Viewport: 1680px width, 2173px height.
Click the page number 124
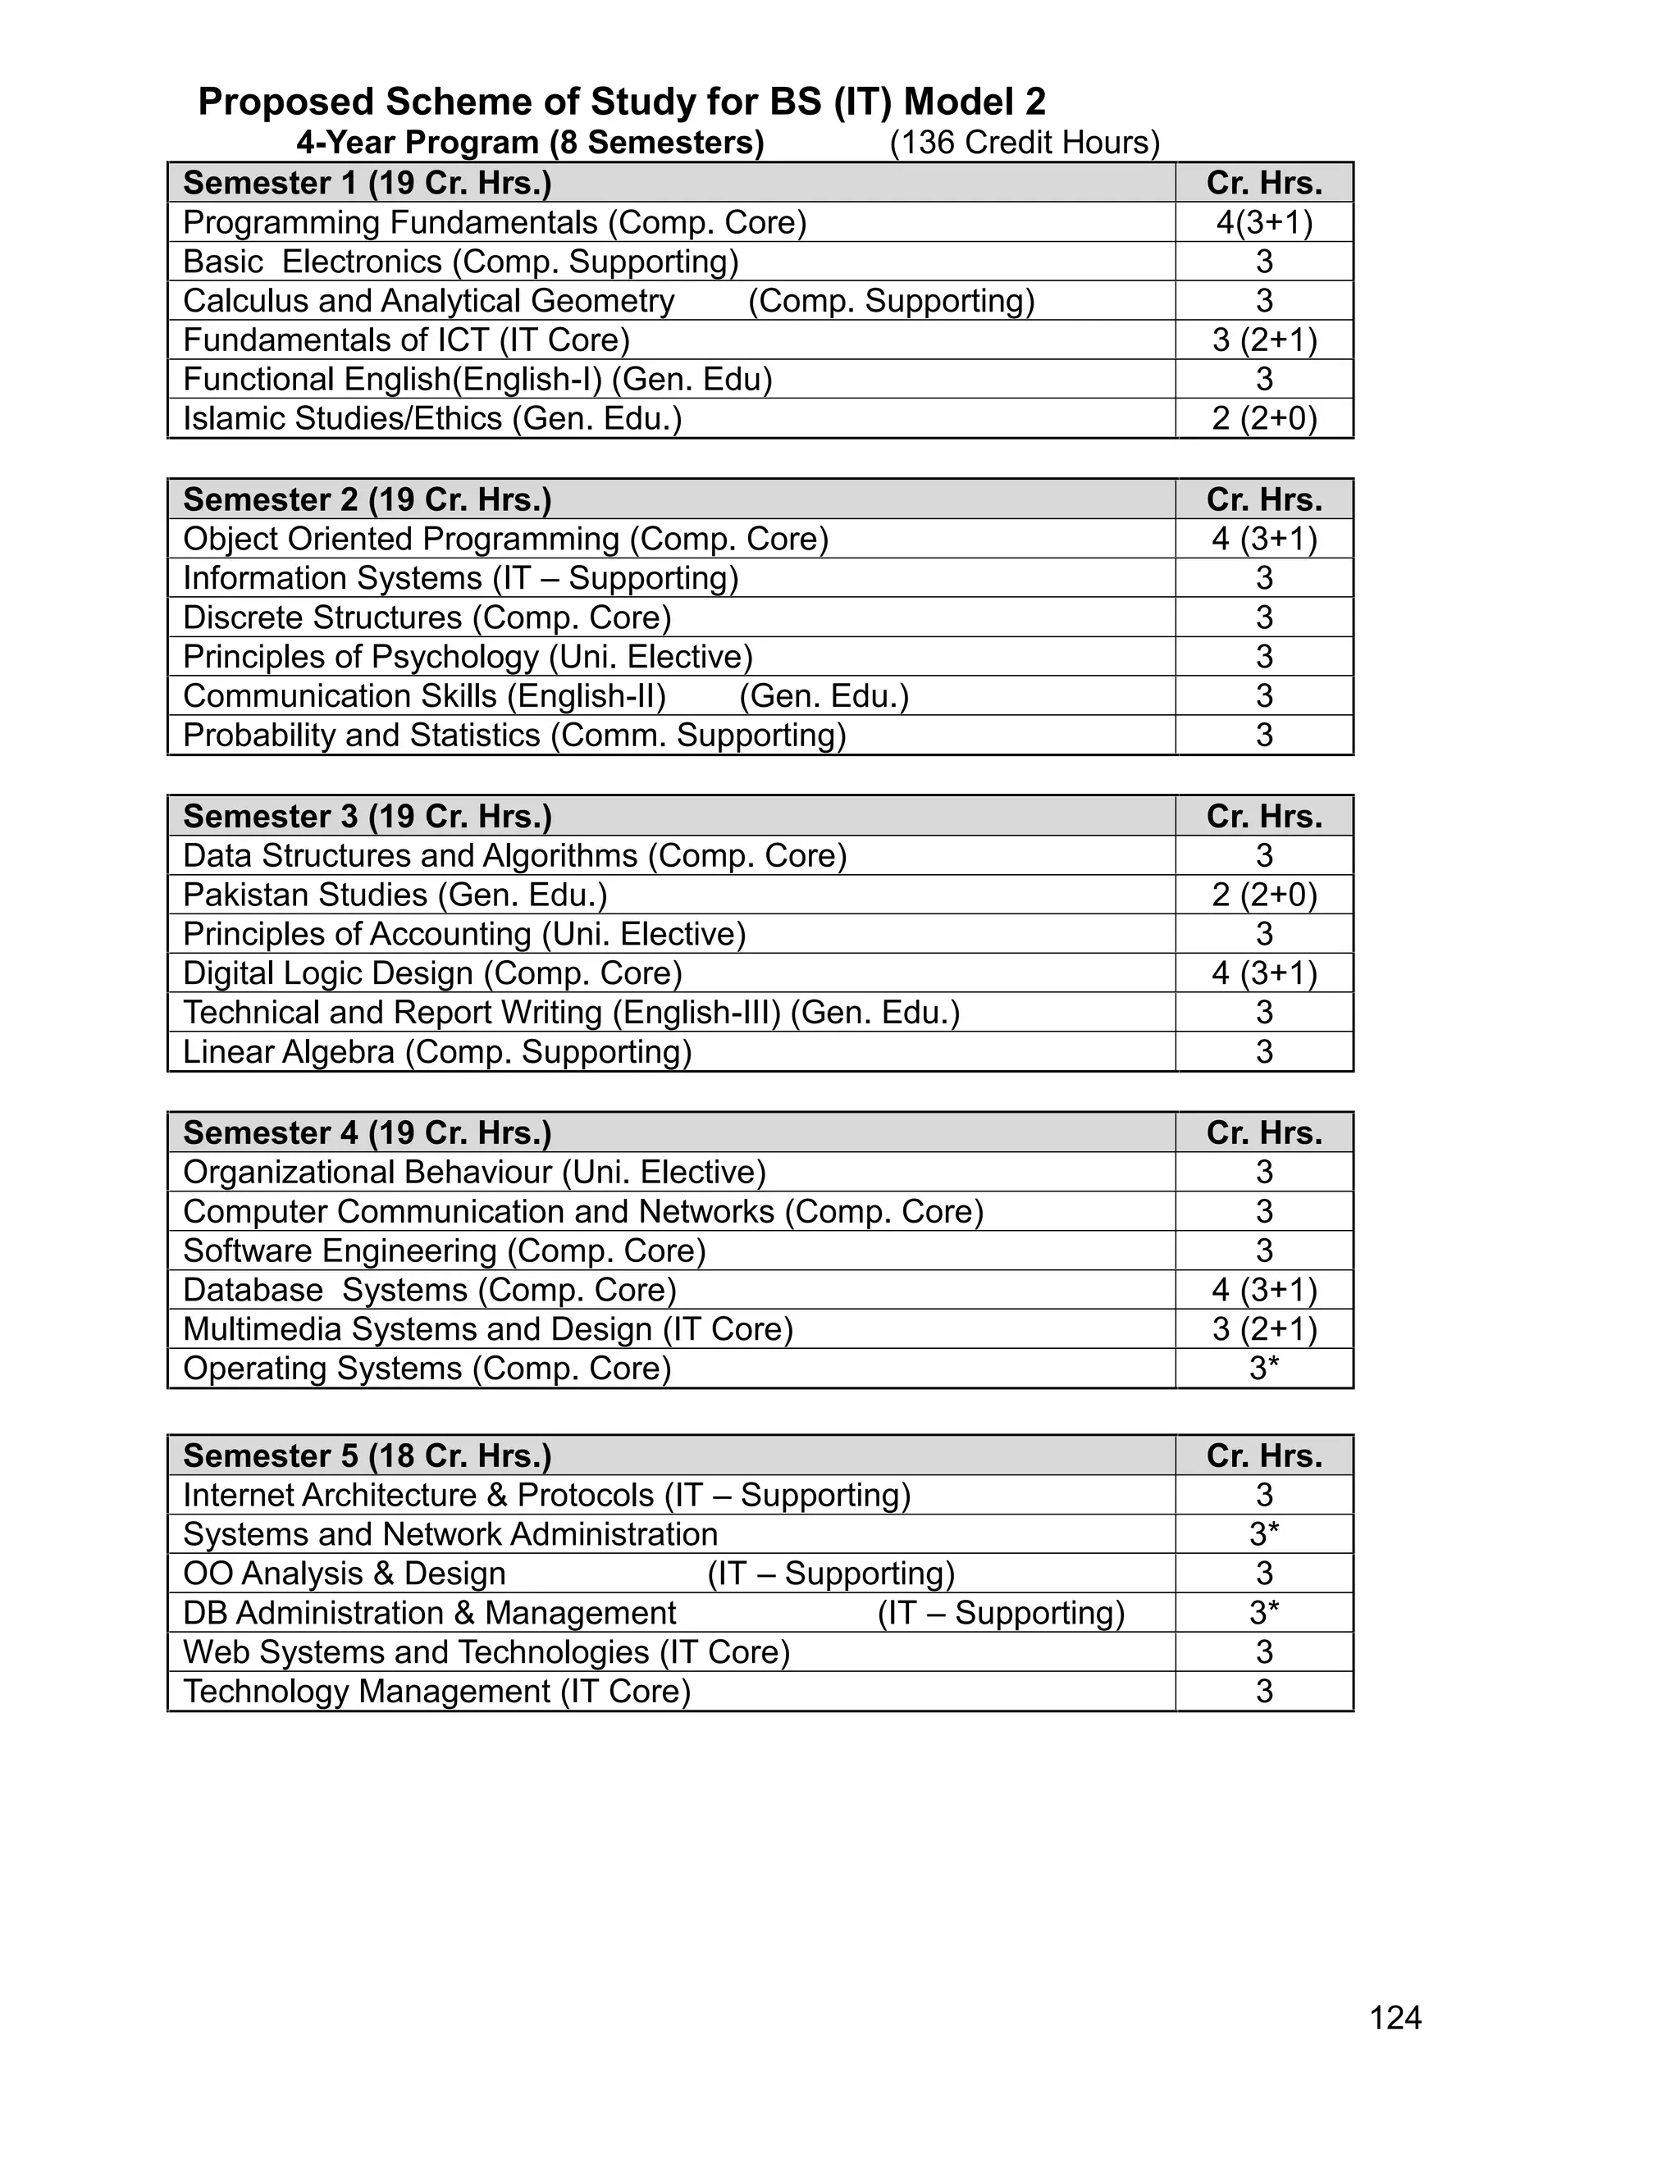[1395, 2018]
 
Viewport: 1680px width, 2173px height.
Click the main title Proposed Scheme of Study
[621, 102]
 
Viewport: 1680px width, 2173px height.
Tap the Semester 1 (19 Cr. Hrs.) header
[367, 183]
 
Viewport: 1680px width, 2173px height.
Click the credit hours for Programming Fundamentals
[1264, 222]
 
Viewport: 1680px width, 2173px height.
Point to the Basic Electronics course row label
[461, 262]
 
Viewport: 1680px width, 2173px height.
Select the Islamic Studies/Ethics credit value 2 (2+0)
[1264, 418]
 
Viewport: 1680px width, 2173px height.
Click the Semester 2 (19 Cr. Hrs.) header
[367, 499]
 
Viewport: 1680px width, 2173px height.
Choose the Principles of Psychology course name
[468, 657]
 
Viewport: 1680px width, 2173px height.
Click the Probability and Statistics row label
[514, 736]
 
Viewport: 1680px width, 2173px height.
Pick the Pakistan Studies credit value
[1264, 895]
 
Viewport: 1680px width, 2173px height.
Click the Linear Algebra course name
[437, 1052]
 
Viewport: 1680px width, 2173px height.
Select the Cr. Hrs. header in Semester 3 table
[1264, 816]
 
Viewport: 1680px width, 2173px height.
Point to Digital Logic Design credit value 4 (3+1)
[1264, 973]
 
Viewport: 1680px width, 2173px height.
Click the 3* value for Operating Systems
[1264, 1368]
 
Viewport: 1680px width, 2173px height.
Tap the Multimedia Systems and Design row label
[488, 1329]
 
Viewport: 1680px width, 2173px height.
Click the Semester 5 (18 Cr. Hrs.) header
[367, 1455]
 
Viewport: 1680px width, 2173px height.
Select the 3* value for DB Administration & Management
[1264, 1613]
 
